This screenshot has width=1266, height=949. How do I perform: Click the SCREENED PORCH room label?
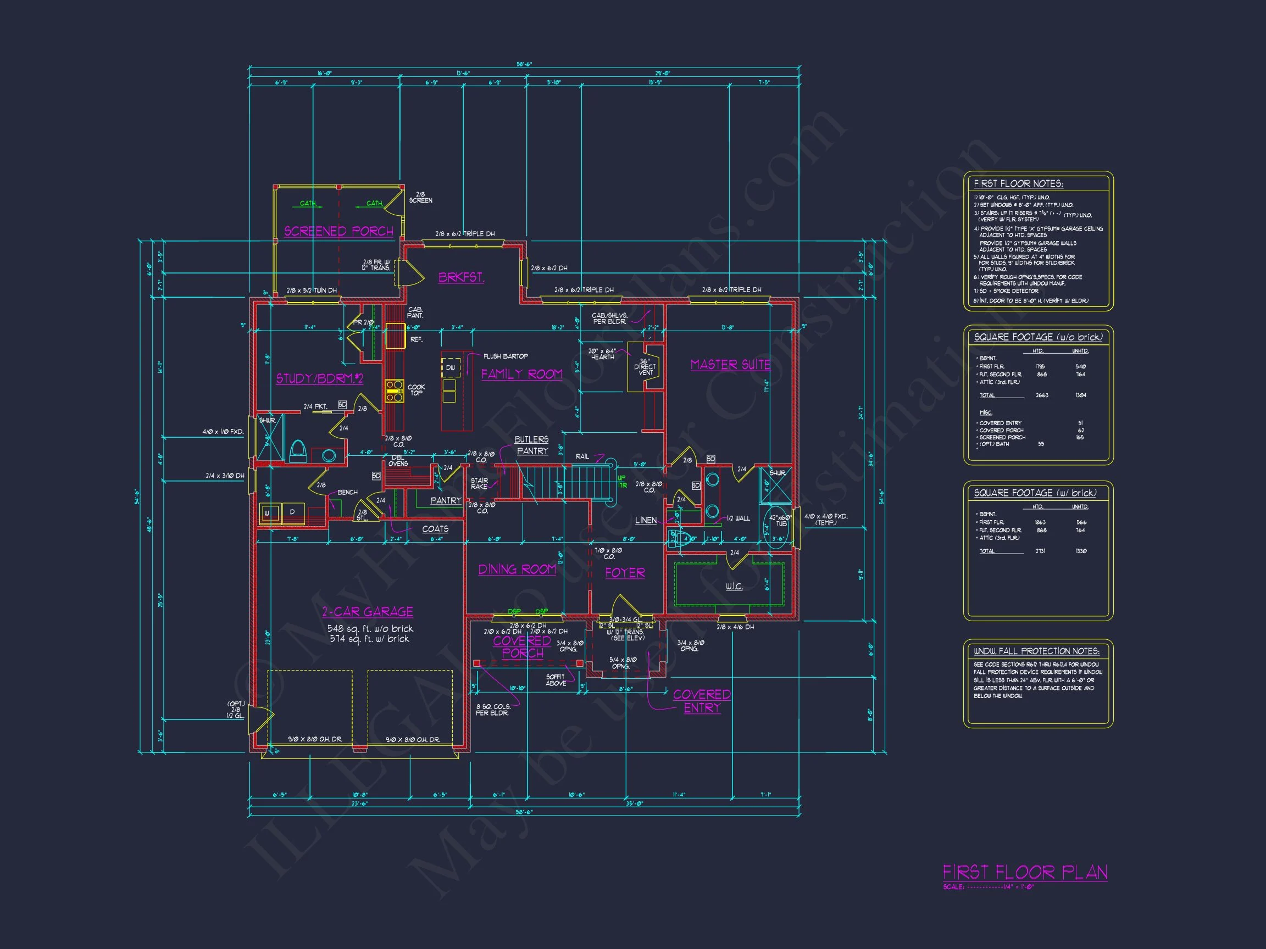click(339, 231)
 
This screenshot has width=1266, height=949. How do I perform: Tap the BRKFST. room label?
click(462, 277)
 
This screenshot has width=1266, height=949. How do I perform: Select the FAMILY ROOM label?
click(521, 374)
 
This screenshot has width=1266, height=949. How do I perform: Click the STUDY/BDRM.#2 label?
click(319, 379)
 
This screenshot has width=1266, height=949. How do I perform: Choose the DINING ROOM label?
click(517, 569)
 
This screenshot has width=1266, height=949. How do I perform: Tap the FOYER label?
click(625, 573)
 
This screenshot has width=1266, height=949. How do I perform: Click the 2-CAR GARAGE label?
click(368, 611)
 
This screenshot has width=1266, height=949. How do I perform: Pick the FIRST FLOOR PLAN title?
click(1024, 872)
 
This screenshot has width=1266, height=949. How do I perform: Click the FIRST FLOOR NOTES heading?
click(1018, 183)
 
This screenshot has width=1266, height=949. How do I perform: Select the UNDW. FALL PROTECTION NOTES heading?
click(1036, 651)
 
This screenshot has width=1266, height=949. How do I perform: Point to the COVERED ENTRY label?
click(702, 701)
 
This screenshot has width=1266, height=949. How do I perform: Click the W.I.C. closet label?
click(734, 587)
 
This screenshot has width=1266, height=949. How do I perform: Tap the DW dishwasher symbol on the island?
click(451, 368)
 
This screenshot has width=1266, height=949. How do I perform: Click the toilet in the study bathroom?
click(298, 451)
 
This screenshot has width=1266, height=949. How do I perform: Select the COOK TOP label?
click(416, 390)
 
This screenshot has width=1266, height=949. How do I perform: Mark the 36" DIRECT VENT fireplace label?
click(645, 367)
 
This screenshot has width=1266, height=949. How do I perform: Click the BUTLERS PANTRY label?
click(532, 445)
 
